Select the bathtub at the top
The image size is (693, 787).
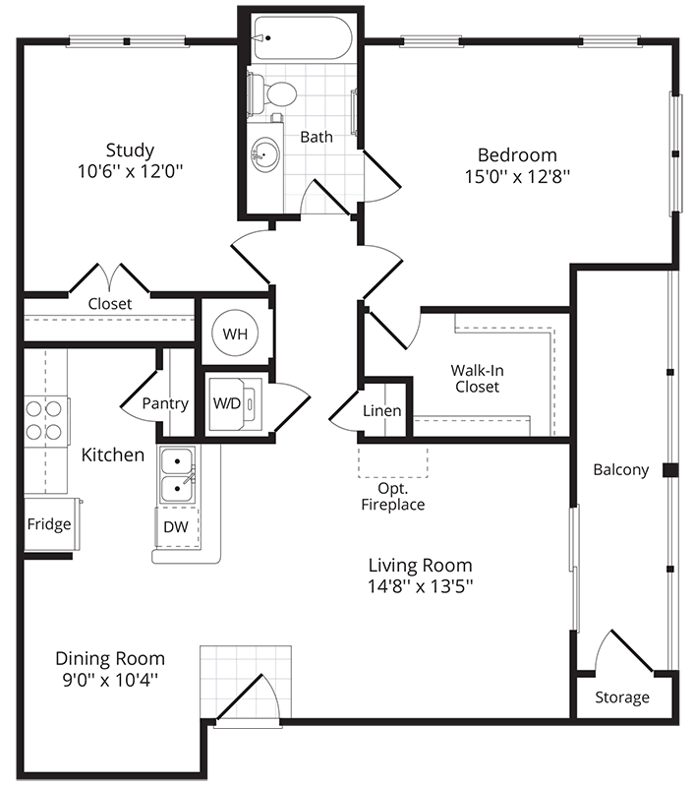pos(301,38)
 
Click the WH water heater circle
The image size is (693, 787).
pos(235,333)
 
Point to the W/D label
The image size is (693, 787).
pos(226,403)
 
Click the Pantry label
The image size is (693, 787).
pos(165,403)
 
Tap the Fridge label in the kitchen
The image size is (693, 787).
pos(49,523)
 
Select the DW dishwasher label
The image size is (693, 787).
pos(175,527)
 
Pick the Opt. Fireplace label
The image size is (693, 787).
pos(401,497)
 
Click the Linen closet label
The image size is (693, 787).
pos(381,410)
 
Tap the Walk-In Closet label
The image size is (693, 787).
pos(476,379)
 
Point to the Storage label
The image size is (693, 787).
pos(622,697)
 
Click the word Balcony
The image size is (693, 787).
pos(621,469)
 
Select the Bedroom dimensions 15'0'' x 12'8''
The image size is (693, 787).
pos(517,178)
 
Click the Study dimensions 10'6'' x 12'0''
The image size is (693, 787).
pos(131,172)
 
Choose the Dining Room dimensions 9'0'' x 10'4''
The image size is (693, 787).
pos(110,681)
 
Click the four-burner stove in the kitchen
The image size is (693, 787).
pos(46,420)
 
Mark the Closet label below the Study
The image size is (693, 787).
pos(110,304)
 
